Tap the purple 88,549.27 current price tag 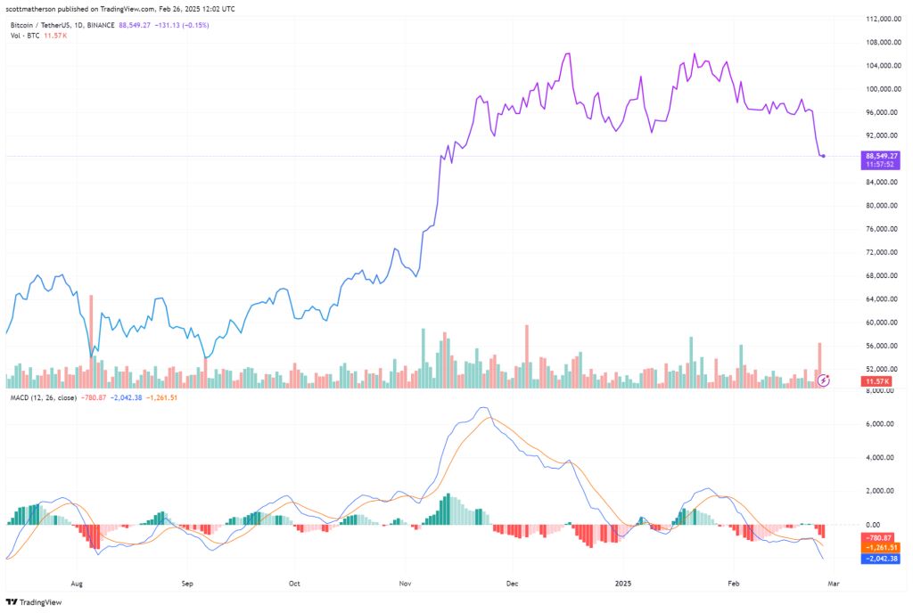[x=881, y=156]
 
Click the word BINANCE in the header [x=100, y=25]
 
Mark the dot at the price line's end [x=823, y=156]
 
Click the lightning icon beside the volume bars [x=825, y=380]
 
